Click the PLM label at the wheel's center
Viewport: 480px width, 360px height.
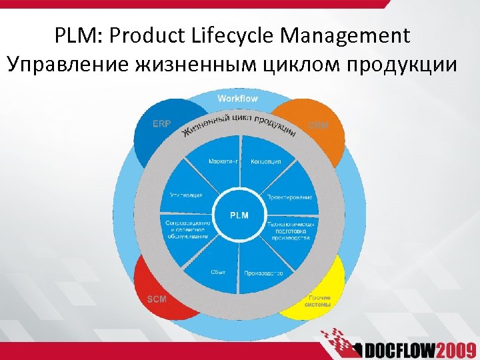point(239,215)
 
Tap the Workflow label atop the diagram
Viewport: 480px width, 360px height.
point(237,99)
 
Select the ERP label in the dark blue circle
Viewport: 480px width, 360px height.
point(161,123)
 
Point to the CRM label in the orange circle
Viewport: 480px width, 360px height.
point(318,125)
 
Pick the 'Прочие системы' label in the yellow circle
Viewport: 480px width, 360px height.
point(319,301)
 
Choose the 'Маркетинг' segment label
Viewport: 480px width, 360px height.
point(220,161)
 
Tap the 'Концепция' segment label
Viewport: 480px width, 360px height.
point(265,161)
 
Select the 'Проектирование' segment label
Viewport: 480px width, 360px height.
point(289,197)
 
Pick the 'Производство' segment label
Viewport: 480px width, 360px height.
point(263,273)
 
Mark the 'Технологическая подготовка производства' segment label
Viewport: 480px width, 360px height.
point(289,230)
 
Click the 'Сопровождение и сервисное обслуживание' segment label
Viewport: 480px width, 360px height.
point(187,229)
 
